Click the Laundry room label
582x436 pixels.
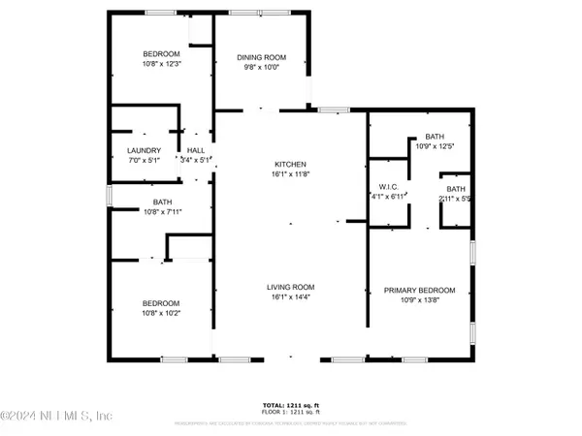click(x=143, y=150)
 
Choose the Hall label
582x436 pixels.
click(x=196, y=150)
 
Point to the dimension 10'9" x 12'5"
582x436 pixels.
click(x=434, y=147)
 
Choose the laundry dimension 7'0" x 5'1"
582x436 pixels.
click(x=143, y=161)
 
